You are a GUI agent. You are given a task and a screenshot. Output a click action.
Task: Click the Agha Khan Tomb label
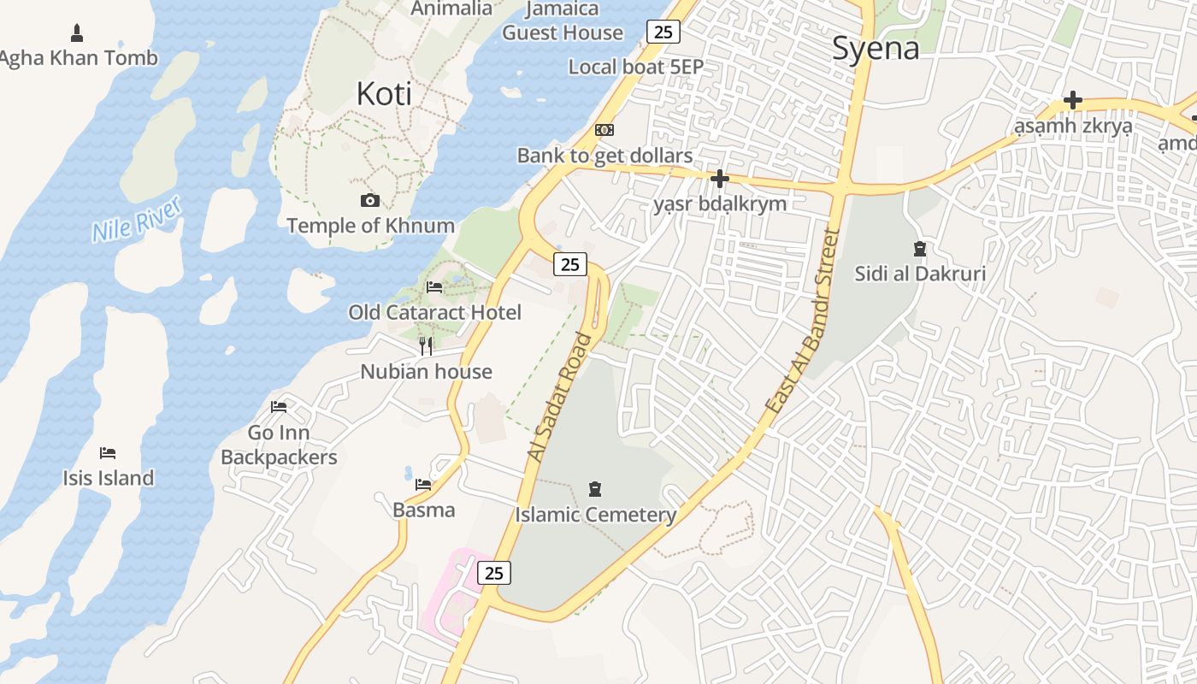click(79, 58)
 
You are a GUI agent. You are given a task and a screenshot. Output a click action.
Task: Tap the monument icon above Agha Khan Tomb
click(77, 33)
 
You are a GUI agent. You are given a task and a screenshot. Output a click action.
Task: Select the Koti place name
click(384, 94)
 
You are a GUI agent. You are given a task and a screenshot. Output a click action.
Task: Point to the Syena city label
click(876, 48)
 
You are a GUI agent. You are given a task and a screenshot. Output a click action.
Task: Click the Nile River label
click(137, 219)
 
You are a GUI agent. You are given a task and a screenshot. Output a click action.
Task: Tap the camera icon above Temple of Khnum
click(370, 201)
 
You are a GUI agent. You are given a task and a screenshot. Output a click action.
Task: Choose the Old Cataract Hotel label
click(434, 312)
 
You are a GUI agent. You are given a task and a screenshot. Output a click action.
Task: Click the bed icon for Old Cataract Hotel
click(434, 287)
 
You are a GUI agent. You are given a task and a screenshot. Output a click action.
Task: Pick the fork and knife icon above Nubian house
click(426, 346)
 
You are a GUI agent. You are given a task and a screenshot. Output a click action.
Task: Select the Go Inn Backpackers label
click(279, 445)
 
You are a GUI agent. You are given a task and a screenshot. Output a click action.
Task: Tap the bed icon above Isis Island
click(108, 452)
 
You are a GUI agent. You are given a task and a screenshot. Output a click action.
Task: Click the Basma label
click(423, 510)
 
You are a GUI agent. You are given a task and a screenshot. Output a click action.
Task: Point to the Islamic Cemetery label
click(595, 515)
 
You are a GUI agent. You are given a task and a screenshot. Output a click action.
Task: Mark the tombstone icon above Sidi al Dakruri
click(920, 250)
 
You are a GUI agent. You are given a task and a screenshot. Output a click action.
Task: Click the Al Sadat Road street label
click(560, 398)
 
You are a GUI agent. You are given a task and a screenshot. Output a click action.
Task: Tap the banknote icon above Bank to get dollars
click(604, 130)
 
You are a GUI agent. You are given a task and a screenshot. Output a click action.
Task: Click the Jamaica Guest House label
click(562, 21)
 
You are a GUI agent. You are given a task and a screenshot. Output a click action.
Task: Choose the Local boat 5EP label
click(635, 67)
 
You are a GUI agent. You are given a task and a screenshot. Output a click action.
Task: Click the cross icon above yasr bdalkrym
click(720, 179)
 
